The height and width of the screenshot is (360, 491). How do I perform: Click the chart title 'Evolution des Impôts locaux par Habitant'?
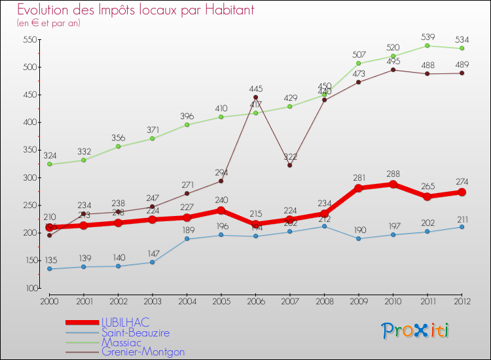click(x=136, y=10)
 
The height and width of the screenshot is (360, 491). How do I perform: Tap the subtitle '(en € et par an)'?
click(x=48, y=23)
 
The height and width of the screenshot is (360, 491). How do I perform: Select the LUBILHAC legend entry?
click(x=125, y=322)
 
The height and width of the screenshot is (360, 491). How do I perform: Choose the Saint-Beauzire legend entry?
click(x=135, y=333)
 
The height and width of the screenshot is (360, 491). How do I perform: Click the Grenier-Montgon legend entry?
click(x=143, y=352)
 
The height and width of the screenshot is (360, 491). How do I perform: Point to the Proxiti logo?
click(x=415, y=331)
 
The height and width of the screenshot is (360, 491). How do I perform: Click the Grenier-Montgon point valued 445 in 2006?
click(x=255, y=98)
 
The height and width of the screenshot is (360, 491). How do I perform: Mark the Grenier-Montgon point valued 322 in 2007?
click(x=289, y=165)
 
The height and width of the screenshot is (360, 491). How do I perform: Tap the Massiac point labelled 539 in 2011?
click(x=427, y=45)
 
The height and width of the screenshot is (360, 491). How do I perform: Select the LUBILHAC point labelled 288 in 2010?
click(x=393, y=184)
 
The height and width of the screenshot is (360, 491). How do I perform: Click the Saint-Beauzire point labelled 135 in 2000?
click(x=49, y=268)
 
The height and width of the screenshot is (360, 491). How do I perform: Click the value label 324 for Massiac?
click(x=50, y=156)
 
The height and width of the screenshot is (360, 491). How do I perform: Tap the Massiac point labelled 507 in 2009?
click(x=358, y=63)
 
